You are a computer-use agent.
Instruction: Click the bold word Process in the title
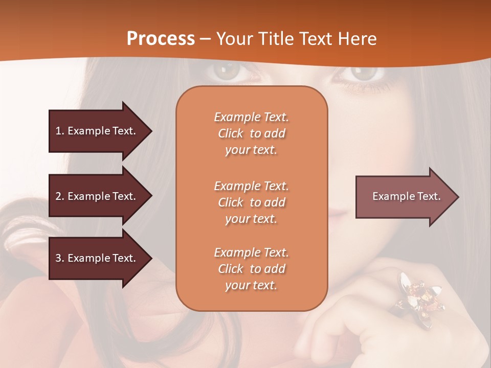(x=161, y=38)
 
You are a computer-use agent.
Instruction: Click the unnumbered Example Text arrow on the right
(x=407, y=196)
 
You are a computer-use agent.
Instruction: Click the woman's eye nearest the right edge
(x=364, y=73)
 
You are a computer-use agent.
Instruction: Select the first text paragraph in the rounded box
(x=251, y=133)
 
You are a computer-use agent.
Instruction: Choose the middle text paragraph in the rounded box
(x=251, y=202)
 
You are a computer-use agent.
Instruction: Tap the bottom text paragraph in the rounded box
(x=251, y=269)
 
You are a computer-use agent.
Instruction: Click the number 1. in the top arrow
(x=60, y=131)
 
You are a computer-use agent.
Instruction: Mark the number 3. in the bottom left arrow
(x=60, y=258)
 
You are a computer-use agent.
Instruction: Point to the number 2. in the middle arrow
(x=60, y=196)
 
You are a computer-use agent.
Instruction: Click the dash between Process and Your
(x=206, y=39)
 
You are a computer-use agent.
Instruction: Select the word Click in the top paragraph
(x=231, y=133)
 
